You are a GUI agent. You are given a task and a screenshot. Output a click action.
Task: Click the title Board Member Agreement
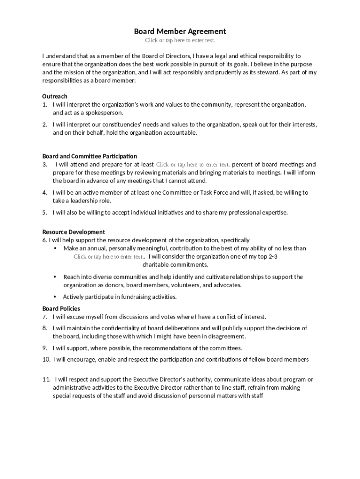click(x=180, y=31)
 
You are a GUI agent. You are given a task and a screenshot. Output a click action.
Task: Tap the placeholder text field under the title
click(x=180, y=41)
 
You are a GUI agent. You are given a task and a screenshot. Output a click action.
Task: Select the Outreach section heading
click(x=55, y=96)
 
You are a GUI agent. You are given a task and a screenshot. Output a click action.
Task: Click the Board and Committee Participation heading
click(x=90, y=156)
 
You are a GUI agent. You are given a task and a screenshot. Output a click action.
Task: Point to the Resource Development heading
click(x=73, y=232)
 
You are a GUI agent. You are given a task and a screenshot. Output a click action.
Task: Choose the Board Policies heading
click(x=61, y=309)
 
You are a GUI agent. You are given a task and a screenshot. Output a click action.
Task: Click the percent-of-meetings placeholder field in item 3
click(x=193, y=165)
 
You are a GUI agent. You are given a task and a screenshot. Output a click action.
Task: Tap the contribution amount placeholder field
click(x=108, y=257)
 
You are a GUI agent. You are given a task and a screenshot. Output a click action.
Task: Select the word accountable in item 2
click(x=180, y=133)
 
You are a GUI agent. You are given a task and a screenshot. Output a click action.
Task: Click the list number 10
click(x=46, y=360)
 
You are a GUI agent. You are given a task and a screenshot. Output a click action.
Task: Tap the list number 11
click(x=46, y=379)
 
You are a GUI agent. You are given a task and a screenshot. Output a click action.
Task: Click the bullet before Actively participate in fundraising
click(x=55, y=297)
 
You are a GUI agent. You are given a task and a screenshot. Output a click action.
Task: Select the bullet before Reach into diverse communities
click(x=55, y=277)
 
